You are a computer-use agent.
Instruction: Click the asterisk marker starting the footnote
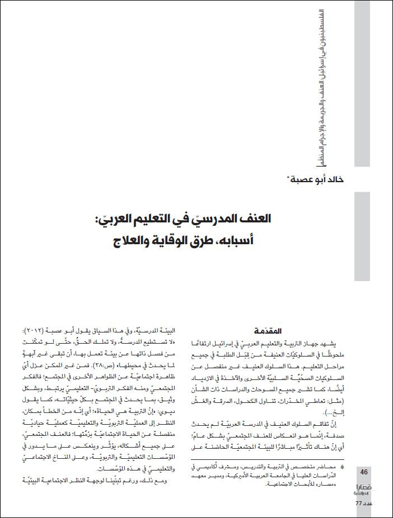(343, 466)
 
